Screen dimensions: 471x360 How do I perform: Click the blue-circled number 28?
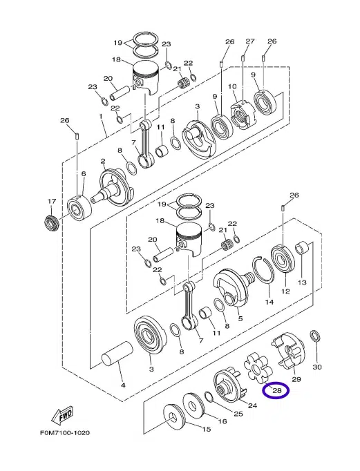pyautogui.click(x=277, y=391)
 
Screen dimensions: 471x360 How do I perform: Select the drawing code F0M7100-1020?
pyautogui.click(x=61, y=433)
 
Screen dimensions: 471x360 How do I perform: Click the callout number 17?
pyautogui.click(x=50, y=201)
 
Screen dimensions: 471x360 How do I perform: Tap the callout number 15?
pyautogui.click(x=207, y=430)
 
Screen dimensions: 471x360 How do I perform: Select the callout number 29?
pyautogui.click(x=296, y=379)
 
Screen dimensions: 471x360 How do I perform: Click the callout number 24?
pyautogui.click(x=252, y=405)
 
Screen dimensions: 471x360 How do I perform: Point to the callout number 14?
pyautogui.click(x=269, y=302)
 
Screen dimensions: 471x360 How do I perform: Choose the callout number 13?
pyautogui.click(x=302, y=282)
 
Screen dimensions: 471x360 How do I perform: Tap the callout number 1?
pyautogui.click(x=101, y=117)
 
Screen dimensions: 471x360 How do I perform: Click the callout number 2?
pyautogui.click(x=102, y=162)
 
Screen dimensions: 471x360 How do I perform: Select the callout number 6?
pyautogui.click(x=83, y=174)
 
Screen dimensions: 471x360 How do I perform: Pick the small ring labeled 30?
pyautogui.click(x=315, y=337)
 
